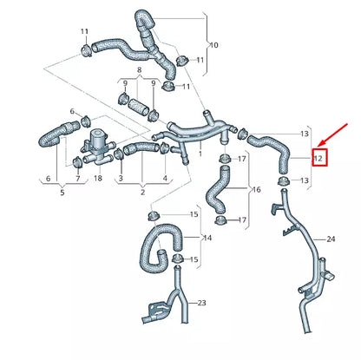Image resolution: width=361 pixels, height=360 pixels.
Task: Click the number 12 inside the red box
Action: (x=318, y=158)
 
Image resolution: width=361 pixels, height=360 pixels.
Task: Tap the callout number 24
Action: (x=331, y=239)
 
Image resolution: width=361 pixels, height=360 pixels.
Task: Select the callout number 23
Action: (x=200, y=303)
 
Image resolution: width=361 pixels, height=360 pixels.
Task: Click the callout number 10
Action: (x=213, y=44)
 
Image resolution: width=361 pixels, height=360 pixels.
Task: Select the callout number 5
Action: (x=61, y=192)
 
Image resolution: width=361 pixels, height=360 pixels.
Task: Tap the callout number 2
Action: (x=143, y=192)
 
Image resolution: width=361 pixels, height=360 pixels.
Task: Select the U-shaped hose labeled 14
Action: (x=157, y=245)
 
